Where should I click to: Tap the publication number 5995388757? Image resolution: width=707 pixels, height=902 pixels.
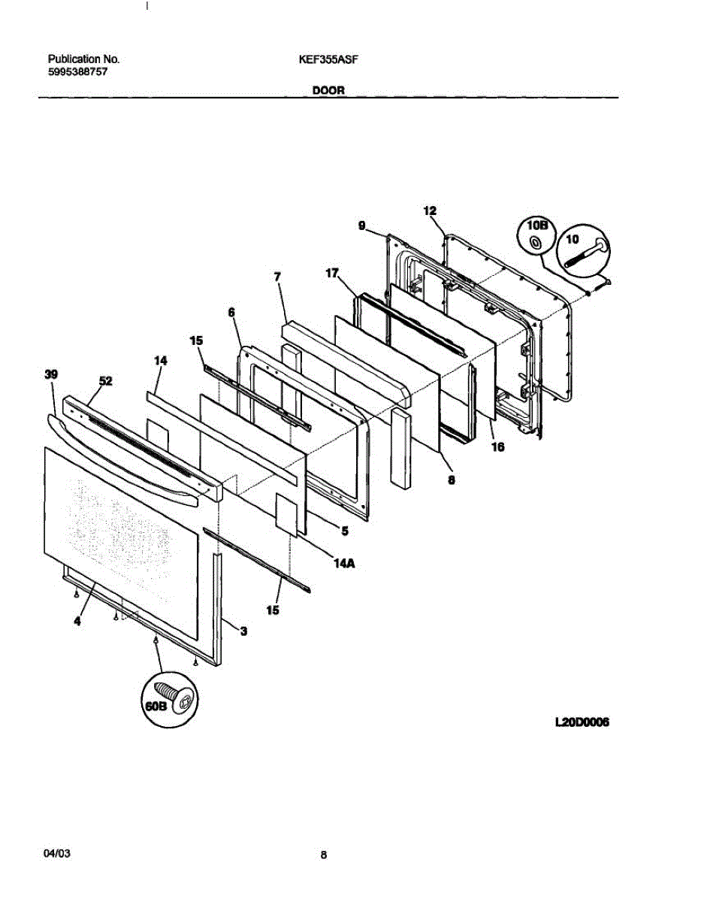pos(78,73)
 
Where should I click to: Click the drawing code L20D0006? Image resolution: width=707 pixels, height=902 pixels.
pos(581,723)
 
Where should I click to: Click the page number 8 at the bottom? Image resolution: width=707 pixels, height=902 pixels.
pos(323,855)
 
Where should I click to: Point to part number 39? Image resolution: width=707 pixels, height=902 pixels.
pos(51,374)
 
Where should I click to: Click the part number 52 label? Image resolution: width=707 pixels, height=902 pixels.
pos(105,382)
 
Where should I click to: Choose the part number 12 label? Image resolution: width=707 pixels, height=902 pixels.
pos(430,211)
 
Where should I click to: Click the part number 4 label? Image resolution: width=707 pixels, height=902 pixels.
pos(77,621)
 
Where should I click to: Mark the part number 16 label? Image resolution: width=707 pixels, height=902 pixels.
pos(497,447)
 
